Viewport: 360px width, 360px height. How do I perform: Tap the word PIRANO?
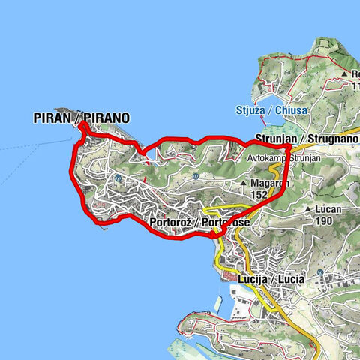[106, 118]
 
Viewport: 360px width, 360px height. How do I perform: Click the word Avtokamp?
[267, 158]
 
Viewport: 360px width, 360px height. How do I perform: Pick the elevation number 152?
[259, 195]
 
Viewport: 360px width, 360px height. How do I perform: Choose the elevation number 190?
[323, 222]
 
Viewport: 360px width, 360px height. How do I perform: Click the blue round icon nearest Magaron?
[194, 176]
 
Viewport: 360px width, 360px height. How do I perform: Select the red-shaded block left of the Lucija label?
[226, 277]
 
